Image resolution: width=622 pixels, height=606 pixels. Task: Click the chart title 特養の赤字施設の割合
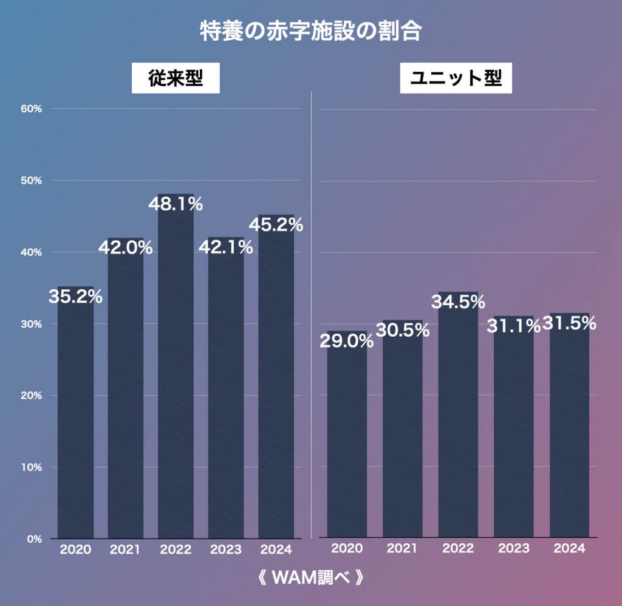point(310,32)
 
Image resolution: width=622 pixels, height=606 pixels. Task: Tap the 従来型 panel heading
point(176,78)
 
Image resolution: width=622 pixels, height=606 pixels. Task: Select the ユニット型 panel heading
point(456,78)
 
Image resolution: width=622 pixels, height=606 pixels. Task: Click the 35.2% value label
point(75,298)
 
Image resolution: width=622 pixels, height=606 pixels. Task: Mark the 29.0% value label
point(347,342)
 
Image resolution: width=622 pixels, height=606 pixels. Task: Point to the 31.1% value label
point(513,326)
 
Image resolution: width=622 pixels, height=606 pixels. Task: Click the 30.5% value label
point(402,330)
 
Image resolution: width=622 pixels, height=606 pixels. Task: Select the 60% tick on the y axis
point(31,109)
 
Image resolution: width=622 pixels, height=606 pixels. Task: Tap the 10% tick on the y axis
point(31,467)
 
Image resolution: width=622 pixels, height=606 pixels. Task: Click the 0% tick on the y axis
point(34,539)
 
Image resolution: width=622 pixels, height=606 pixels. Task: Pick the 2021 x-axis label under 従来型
point(125,550)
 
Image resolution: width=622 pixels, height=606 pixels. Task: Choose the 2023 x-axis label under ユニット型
point(513,548)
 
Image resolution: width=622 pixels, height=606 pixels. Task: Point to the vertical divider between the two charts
point(311,304)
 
